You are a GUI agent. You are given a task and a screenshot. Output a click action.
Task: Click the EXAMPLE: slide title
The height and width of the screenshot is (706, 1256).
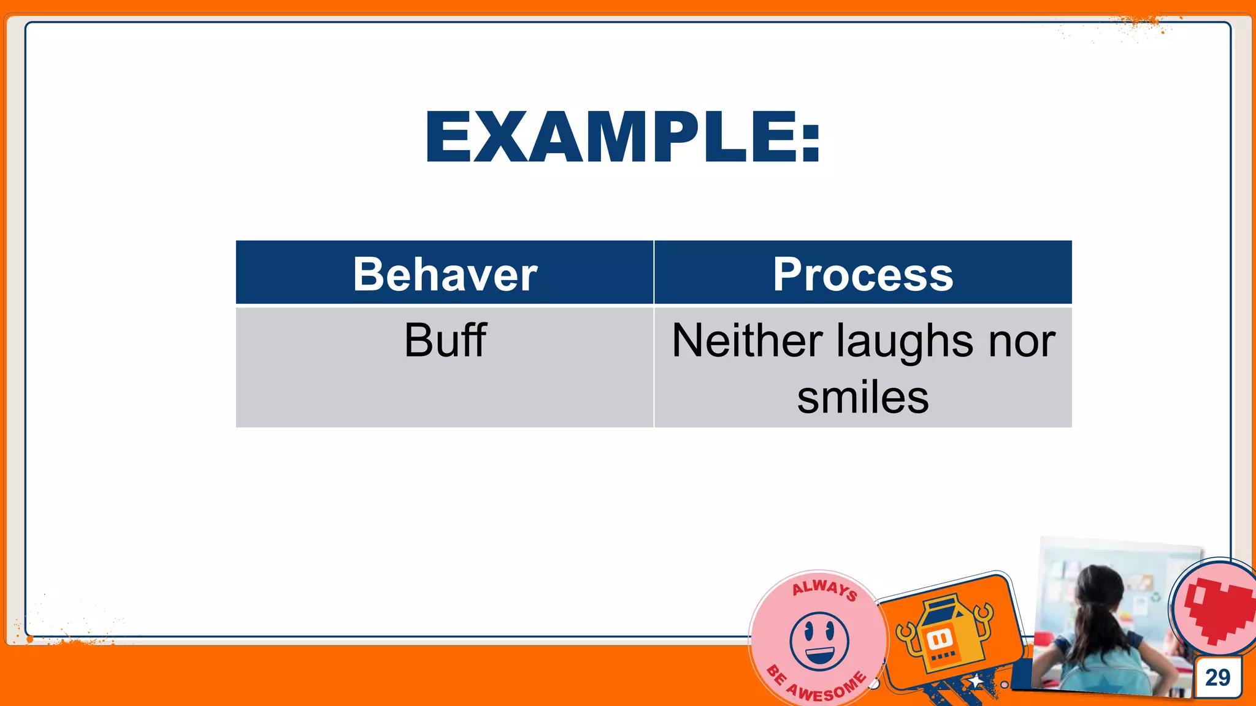(x=622, y=137)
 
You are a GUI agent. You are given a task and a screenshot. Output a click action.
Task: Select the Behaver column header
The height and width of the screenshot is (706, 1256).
(x=445, y=274)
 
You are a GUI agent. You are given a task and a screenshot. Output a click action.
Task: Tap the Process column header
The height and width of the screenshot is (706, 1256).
(x=863, y=274)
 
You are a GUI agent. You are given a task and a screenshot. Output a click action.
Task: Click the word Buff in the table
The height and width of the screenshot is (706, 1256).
(x=445, y=340)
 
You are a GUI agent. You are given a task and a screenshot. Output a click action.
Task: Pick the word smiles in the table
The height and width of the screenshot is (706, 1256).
(x=863, y=397)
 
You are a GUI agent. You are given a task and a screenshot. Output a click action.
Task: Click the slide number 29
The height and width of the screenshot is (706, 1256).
(x=1217, y=677)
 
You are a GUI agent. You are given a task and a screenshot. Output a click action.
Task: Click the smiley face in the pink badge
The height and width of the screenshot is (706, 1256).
(x=819, y=641)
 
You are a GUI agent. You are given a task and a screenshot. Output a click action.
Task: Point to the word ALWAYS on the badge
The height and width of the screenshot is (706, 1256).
(x=825, y=589)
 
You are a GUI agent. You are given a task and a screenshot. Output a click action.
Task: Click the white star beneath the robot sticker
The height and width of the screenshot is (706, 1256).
(x=975, y=681)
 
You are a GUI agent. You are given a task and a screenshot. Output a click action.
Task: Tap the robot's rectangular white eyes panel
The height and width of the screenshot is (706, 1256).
(x=940, y=639)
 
